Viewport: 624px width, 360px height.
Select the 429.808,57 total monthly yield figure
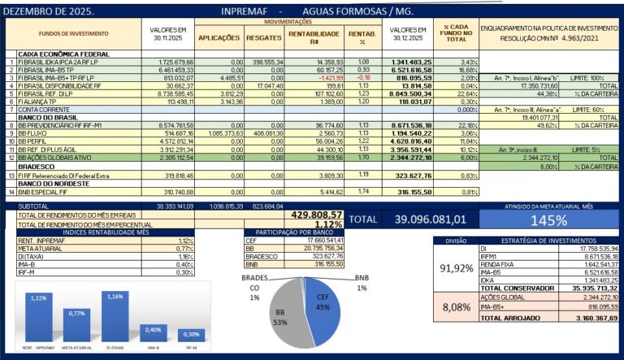[317, 215]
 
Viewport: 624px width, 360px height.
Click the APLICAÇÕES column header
[219, 37]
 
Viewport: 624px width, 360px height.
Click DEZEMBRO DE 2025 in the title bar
[50, 11]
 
